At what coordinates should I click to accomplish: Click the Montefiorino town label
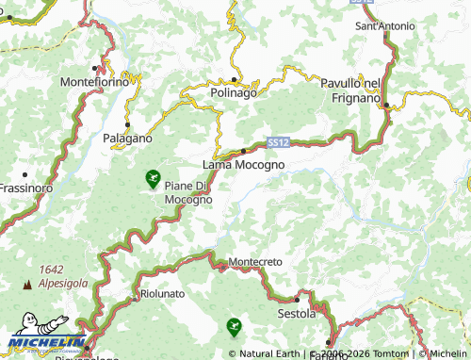click(95, 83)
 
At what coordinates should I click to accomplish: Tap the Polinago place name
click(234, 92)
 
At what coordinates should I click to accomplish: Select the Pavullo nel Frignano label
click(350, 90)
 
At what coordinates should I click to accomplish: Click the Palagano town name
click(127, 138)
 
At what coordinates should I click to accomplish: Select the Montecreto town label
click(255, 261)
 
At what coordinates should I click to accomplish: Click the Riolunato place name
click(162, 294)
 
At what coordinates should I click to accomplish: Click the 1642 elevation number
click(51, 270)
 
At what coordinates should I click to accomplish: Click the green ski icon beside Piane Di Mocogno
click(153, 177)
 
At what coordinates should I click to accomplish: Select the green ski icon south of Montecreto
click(233, 328)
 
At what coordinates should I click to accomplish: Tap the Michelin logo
click(43, 341)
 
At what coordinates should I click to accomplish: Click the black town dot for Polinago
click(234, 79)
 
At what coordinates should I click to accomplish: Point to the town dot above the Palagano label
click(127, 124)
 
